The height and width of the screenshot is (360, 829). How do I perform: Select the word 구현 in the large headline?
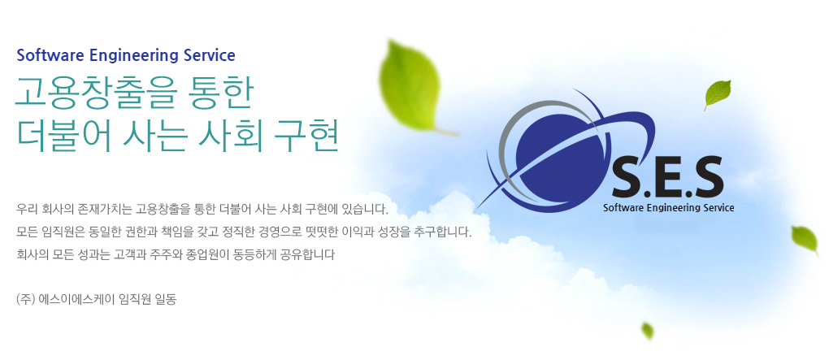tap(306, 137)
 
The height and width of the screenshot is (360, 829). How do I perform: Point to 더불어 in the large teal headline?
tap(63, 137)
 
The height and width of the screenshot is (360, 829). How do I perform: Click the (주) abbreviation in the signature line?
tap(26, 300)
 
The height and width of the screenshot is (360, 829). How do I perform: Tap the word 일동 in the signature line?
tap(166, 300)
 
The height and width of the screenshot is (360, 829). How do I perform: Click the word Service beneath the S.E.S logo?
tap(718, 208)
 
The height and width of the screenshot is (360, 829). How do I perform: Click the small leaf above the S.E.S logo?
tap(718, 93)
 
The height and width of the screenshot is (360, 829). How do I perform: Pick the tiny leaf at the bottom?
tap(647, 331)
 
